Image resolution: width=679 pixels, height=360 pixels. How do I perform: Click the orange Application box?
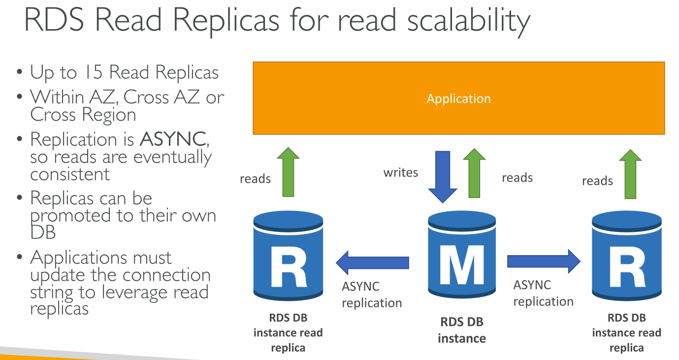click(458, 98)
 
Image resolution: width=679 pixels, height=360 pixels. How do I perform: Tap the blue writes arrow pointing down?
click(442, 176)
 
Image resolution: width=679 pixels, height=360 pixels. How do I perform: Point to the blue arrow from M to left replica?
click(373, 262)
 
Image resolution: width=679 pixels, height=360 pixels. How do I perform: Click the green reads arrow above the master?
click(474, 173)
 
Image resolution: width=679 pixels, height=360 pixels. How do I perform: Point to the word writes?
click(401, 172)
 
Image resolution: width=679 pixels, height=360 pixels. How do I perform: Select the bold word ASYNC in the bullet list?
click(172, 139)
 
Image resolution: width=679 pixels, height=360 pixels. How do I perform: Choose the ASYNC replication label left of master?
click(372, 295)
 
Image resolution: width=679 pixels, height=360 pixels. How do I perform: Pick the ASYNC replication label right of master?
click(543, 293)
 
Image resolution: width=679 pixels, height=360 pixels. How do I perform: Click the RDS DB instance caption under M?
click(461, 330)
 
